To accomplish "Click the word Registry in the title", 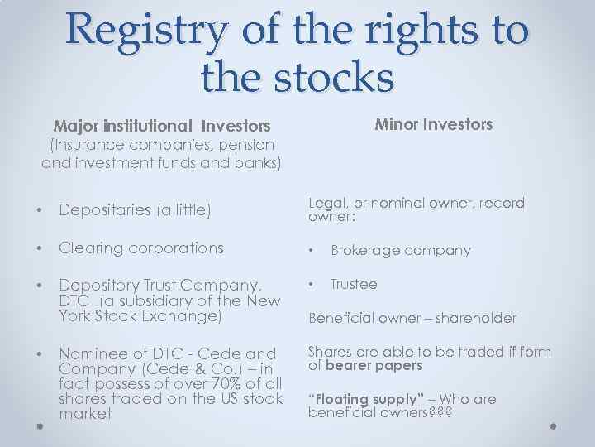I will (x=147, y=32).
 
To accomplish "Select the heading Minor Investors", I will (x=434, y=125).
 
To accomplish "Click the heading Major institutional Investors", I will (x=162, y=127).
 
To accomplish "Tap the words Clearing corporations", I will (x=141, y=248).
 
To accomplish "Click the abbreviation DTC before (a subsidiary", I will (x=76, y=300).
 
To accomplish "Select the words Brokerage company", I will (x=401, y=250).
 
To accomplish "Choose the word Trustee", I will (x=354, y=284).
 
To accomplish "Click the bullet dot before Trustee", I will (x=312, y=284).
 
